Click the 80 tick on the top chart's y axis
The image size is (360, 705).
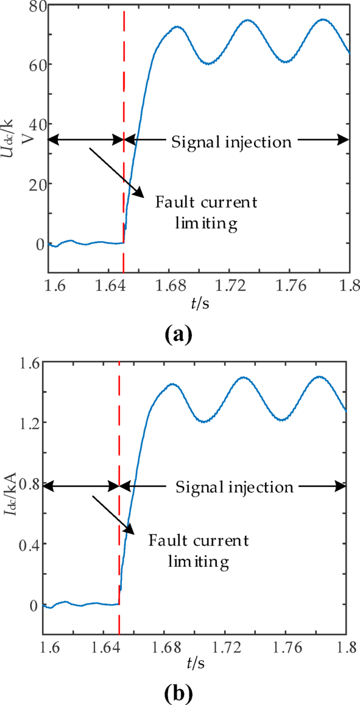(x=31, y=5)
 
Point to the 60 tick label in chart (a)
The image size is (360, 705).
(x=31, y=64)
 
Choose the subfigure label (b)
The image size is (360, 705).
(x=178, y=692)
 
